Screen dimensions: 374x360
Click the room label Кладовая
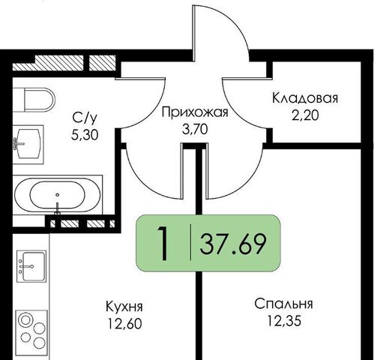pos(305,98)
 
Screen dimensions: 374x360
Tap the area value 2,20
pos(305,115)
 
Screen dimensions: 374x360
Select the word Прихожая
pos(195,112)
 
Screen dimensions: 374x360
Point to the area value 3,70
pos(195,130)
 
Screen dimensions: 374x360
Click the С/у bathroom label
pos(85,118)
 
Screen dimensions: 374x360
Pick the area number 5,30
pos(85,135)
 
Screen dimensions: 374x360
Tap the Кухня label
pos(124,307)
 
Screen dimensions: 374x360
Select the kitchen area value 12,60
pos(124,324)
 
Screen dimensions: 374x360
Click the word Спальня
pos(283,304)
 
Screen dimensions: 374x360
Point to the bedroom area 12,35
pos(284,321)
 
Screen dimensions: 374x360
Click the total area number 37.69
pos(232,244)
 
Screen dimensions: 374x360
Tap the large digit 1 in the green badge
pos(163,244)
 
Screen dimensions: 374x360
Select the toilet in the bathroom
pos(34,100)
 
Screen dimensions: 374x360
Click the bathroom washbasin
pos(28,144)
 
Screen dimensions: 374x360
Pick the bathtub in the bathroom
pos(58,195)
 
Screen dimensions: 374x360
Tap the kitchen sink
pos(31,266)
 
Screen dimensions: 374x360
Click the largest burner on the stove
pos(26,320)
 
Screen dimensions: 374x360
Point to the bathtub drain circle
pos(58,195)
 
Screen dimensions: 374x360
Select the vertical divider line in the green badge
pos(191,242)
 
